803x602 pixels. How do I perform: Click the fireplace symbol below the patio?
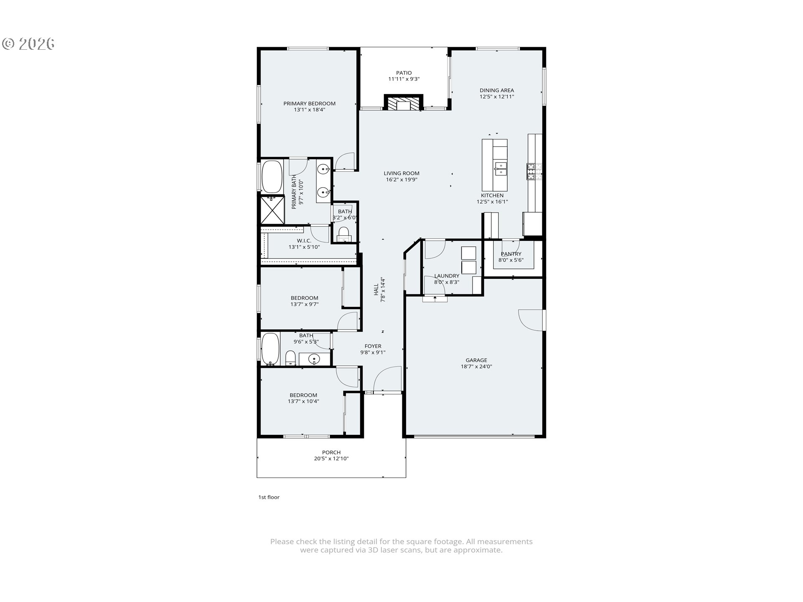pyautogui.click(x=404, y=103)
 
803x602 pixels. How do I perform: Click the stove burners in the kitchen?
pyautogui.click(x=534, y=171)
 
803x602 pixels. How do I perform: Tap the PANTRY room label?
pyautogui.click(x=511, y=254)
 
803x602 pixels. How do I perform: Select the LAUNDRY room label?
pyautogui.click(x=447, y=276)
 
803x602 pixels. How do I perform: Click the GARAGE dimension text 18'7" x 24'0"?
pyautogui.click(x=476, y=367)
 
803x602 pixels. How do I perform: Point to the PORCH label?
pyautogui.click(x=331, y=452)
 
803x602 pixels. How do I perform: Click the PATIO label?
pyautogui.click(x=404, y=73)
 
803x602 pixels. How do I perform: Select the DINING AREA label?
pyautogui.click(x=497, y=90)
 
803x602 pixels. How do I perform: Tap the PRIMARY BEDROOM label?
pyautogui.click(x=309, y=104)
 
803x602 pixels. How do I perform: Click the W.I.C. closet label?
pyautogui.click(x=304, y=241)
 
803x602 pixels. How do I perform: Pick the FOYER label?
pyautogui.click(x=373, y=346)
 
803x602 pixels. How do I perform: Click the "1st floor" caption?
pyautogui.click(x=269, y=497)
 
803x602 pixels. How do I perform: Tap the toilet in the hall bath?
pyautogui.click(x=291, y=358)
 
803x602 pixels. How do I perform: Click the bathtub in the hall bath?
pyautogui.click(x=271, y=349)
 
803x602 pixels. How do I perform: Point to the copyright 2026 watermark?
pyautogui.click(x=29, y=43)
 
